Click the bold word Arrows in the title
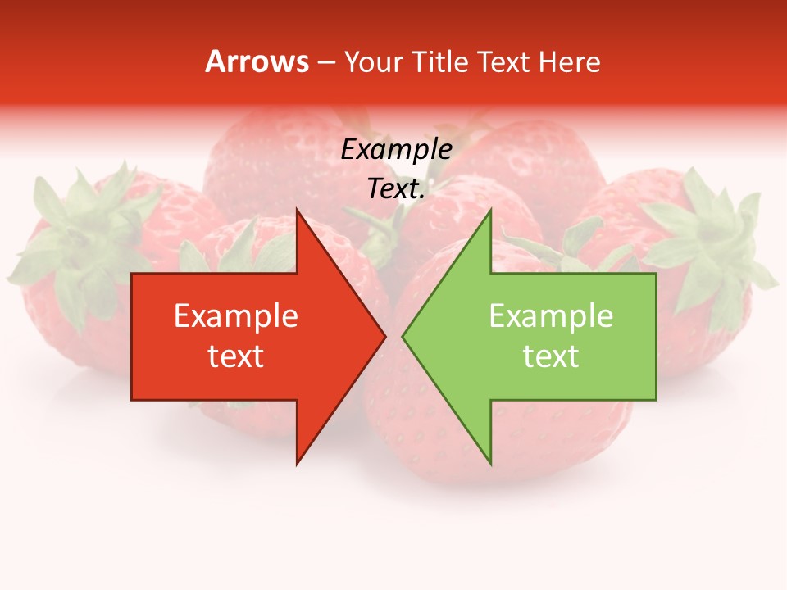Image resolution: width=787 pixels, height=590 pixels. coord(257,61)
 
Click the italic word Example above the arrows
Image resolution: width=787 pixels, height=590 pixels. coord(397,149)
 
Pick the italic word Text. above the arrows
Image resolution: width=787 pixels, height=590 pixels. coord(397,189)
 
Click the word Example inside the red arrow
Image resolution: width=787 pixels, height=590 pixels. coord(236,316)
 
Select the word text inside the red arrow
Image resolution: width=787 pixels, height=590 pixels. coord(236,356)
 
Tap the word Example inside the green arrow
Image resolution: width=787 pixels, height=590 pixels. coord(551,316)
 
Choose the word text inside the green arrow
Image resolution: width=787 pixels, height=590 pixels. coord(551,356)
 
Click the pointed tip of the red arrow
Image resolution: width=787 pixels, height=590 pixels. coord(384,337)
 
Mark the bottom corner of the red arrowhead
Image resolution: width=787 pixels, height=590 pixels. coord(297,463)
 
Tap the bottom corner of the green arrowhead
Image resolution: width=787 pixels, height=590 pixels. coord(490,463)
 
